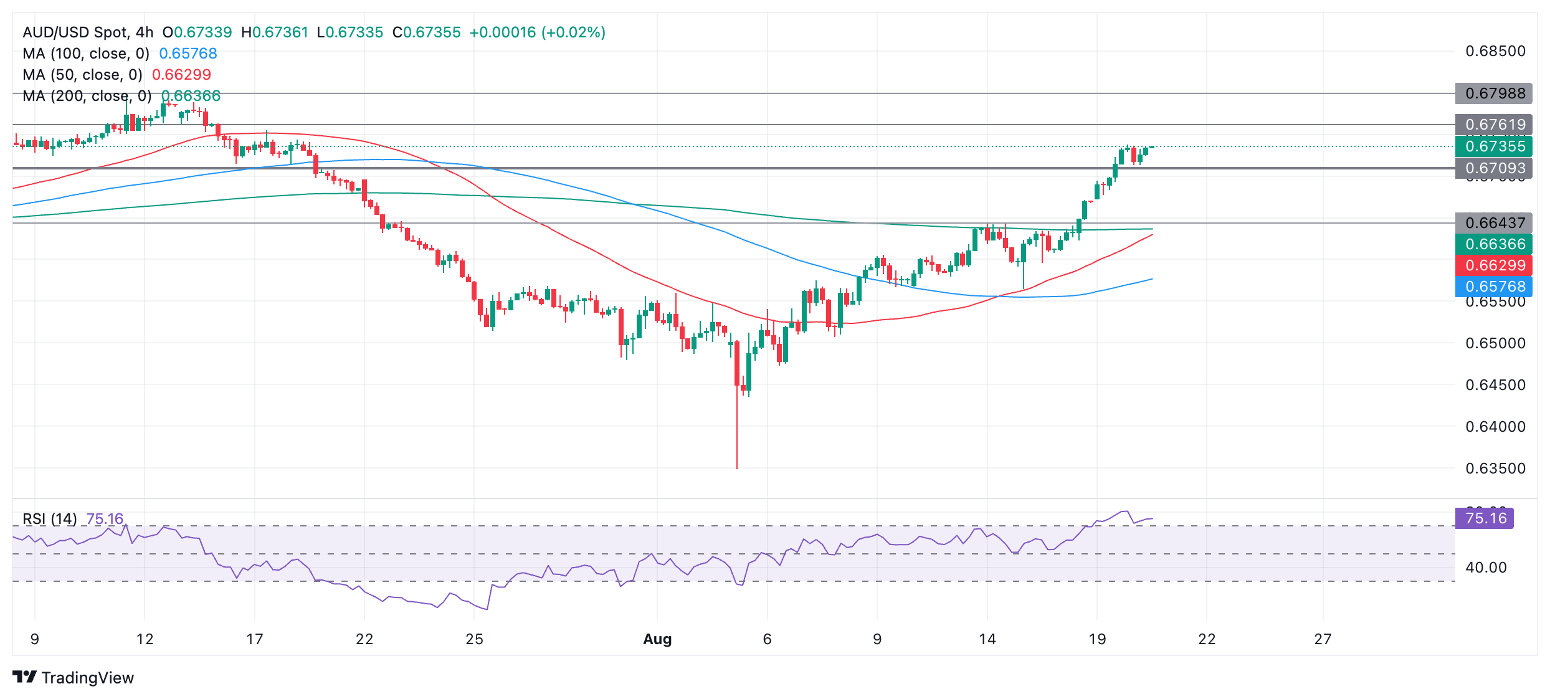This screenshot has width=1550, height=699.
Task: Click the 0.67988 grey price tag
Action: (x=1493, y=93)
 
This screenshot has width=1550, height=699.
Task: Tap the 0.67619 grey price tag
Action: (x=1493, y=125)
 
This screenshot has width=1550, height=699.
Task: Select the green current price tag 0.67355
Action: (x=1493, y=146)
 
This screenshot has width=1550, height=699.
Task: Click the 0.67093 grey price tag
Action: (x=1493, y=168)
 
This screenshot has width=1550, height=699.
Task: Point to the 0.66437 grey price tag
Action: (x=1493, y=223)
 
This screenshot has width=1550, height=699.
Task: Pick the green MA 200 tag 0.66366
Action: (x=1493, y=244)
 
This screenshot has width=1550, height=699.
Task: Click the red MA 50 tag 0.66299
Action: (x=1493, y=265)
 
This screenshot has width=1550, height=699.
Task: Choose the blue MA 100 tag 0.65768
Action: (x=1493, y=287)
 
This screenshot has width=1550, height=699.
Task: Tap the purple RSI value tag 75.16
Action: (x=1485, y=518)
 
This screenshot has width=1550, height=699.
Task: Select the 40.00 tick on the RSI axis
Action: (x=1486, y=568)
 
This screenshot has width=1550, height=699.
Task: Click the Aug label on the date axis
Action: (x=657, y=639)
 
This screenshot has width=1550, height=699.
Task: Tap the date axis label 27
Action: (x=1323, y=639)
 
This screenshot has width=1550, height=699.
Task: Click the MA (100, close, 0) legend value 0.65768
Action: (x=188, y=54)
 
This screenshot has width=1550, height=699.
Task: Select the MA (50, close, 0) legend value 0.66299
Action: (x=181, y=75)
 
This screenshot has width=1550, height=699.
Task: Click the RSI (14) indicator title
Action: (x=50, y=519)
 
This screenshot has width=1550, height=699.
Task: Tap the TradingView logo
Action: (x=74, y=678)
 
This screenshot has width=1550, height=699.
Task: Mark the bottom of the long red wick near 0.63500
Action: (x=737, y=468)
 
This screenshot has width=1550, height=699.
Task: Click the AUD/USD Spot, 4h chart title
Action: (x=88, y=32)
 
